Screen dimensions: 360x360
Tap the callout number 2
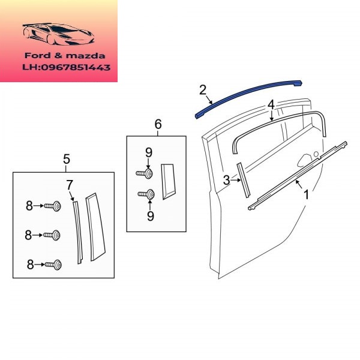pyautogui.click(x=203, y=90)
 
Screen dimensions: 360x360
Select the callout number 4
pyautogui.click(x=271, y=104)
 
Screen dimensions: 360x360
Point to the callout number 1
pyautogui.click(x=306, y=194)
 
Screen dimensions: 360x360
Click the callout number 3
pyautogui.click(x=226, y=180)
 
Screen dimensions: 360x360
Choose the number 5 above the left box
pyautogui.click(x=67, y=159)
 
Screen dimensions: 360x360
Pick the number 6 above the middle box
pyautogui.click(x=158, y=124)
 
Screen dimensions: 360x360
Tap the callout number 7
pyautogui.click(x=70, y=185)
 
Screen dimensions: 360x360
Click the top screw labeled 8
pyautogui.click(x=53, y=206)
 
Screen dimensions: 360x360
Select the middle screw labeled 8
pyautogui.click(x=52, y=235)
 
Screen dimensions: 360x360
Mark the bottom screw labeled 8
pyautogui.click(x=53, y=265)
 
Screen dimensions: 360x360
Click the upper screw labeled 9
pyautogui.click(x=145, y=173)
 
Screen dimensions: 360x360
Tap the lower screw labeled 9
pyautogui.click(x=146, y=194)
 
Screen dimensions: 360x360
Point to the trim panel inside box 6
pyautogui.click(x=168, y=181)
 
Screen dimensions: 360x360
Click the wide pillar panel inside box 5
pyautogui.click(x=95, y=227)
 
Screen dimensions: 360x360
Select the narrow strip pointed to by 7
pyautogui.click(x=77, y=232)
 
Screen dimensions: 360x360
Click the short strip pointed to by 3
pyautogui.click(x=244, y=180)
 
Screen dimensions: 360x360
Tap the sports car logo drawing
pyautogui.click(x=58, y=34)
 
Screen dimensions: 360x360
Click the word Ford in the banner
pyautogui.click(x=37, y=56)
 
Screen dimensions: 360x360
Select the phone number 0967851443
pyautogui.click(x=76, y=67)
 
